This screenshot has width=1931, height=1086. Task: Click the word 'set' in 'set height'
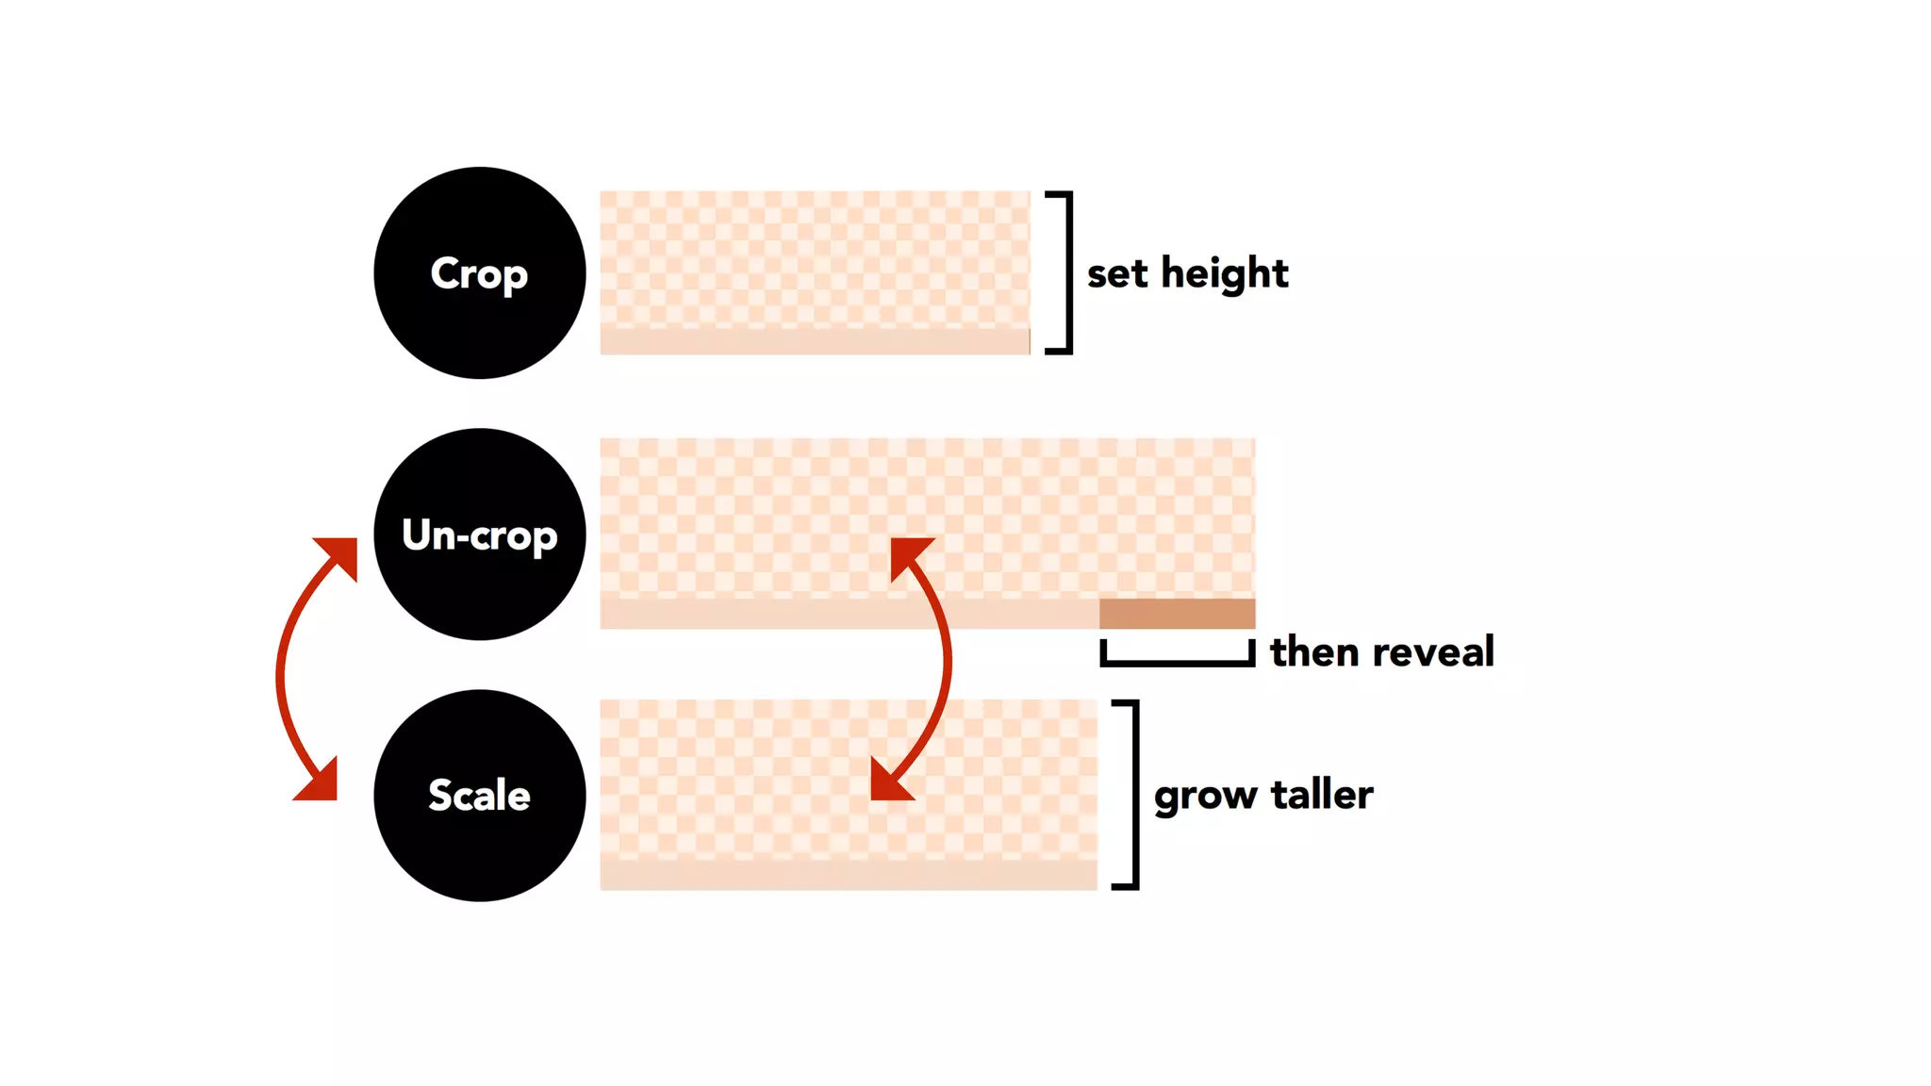point(1117,274)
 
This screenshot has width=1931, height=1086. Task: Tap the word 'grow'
point(1205,797)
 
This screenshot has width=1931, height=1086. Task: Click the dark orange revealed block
point(1177,614)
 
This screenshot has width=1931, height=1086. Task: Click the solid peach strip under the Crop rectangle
point(815,342)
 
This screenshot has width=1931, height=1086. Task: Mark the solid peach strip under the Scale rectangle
point(849,876)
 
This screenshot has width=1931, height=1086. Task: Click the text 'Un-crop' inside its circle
point(479,535)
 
